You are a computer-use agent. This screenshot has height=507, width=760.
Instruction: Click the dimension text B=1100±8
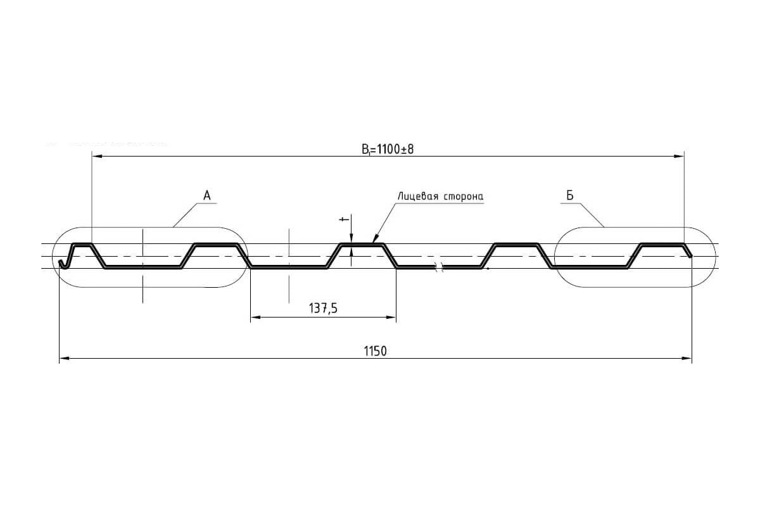click(388, 149)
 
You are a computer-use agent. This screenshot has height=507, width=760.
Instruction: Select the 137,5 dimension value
click(323, 309)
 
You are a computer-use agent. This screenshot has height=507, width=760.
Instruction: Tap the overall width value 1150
click(375, 351)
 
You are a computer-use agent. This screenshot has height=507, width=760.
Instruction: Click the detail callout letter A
click(207, 196)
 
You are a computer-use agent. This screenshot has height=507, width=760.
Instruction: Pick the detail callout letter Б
click(569, 195)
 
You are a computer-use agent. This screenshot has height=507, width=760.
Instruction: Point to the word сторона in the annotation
click(462, 196)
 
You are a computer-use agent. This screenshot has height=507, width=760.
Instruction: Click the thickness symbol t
click(344, 220)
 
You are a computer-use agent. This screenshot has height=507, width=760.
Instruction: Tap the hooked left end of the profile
click(62, 264)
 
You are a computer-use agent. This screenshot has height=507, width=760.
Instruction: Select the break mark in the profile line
click(438, 267)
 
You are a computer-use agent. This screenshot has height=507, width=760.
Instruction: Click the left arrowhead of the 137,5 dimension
click(255, 317)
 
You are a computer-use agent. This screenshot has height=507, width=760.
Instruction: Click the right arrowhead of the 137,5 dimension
click(391, 317)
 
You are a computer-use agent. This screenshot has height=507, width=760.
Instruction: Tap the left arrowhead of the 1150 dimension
click(65, 358)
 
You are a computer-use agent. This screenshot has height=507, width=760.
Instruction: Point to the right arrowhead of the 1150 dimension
click(687, 358)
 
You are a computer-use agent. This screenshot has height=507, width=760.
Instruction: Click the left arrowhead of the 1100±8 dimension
click(97, 156)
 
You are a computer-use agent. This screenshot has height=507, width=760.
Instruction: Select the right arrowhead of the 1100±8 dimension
click(679, 156)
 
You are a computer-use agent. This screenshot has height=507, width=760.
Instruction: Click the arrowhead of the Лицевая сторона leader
click(375, 239)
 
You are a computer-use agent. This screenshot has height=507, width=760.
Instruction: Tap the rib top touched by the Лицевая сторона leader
click(362, 244)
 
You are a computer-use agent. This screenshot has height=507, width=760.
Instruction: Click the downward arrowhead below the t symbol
click(351, 239)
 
